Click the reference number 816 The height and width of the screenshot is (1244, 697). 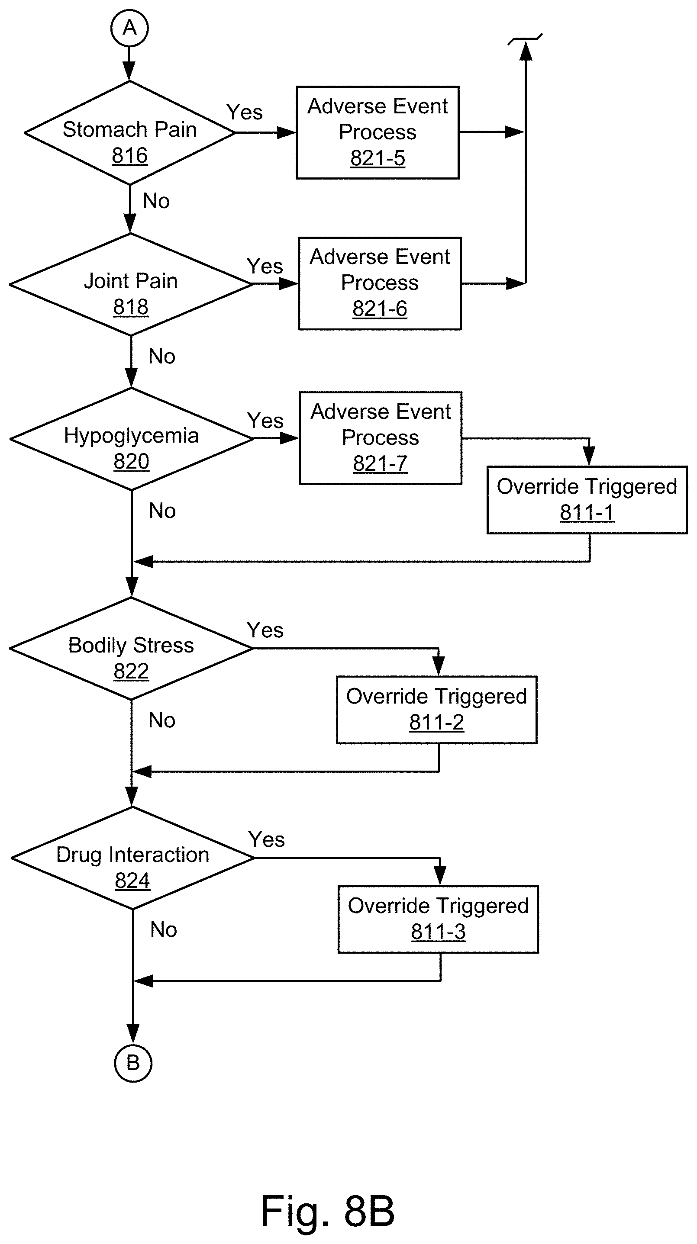(130, 155)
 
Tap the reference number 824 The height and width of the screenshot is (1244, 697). (133, 881)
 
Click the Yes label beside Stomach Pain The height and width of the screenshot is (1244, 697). (245, 113)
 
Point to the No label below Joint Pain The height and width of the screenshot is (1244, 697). (162, 357)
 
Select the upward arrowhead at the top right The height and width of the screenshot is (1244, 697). (526, 50)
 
